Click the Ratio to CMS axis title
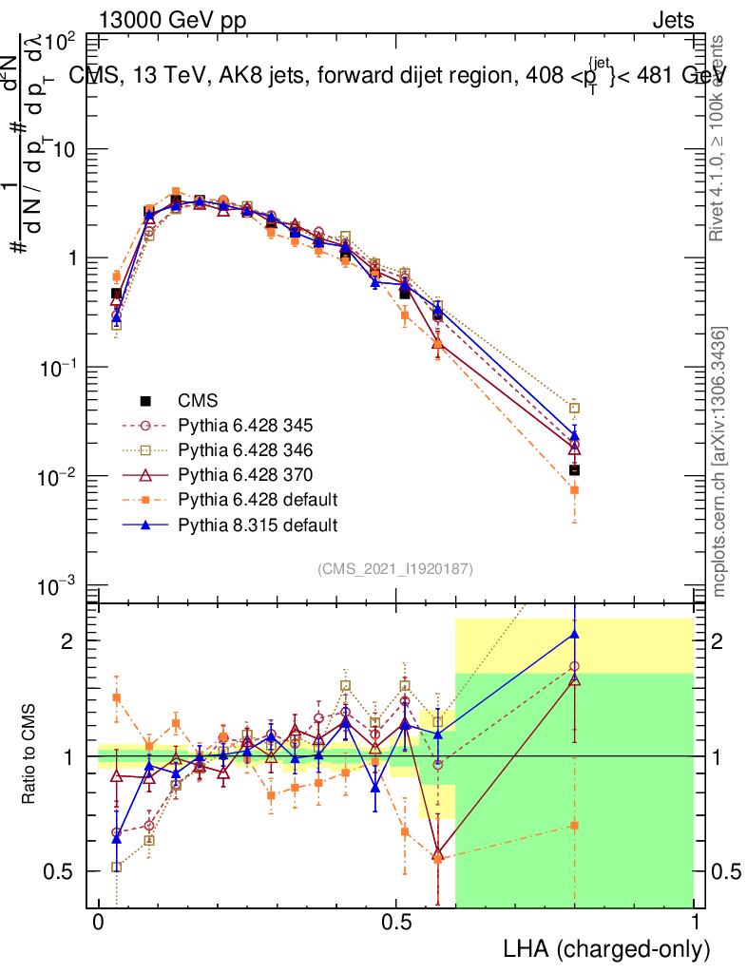30,755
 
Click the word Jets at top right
673,19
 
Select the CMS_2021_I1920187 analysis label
395,568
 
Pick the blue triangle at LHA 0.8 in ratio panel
574,634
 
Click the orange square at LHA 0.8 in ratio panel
574,825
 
